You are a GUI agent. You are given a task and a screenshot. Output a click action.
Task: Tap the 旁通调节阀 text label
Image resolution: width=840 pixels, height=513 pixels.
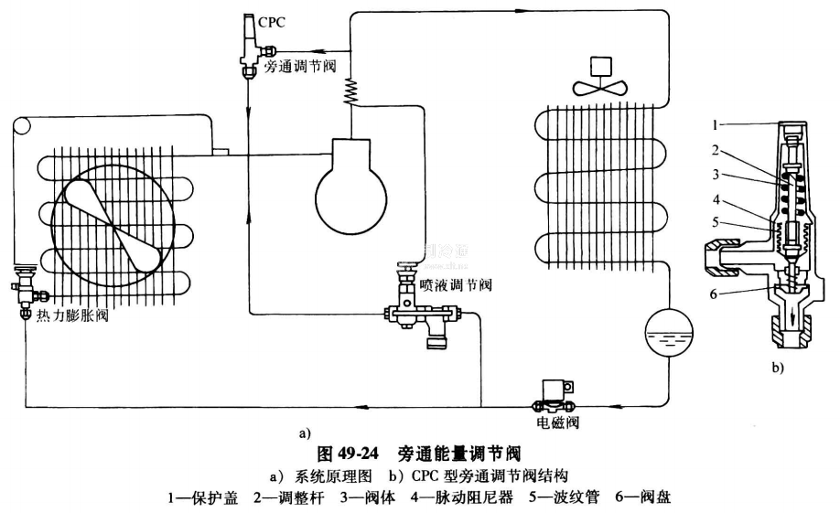[297, 67]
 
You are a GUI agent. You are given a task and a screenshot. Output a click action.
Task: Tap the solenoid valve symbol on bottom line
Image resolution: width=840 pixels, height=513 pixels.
[553, 394]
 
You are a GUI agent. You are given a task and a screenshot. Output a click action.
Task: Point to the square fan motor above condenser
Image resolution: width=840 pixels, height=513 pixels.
[602, 65]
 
